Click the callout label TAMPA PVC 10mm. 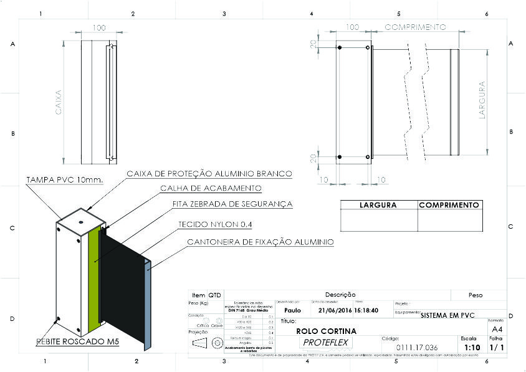(64, 180)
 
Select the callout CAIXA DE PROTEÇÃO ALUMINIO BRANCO (209, 173)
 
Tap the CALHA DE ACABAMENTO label (211, 188)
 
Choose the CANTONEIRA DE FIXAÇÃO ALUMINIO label (261, 242)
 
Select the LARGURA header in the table (378, 205)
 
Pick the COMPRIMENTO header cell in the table (449, 205)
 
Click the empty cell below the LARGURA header (378, 220)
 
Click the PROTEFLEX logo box (327, 343)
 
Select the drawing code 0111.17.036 (417, 347)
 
